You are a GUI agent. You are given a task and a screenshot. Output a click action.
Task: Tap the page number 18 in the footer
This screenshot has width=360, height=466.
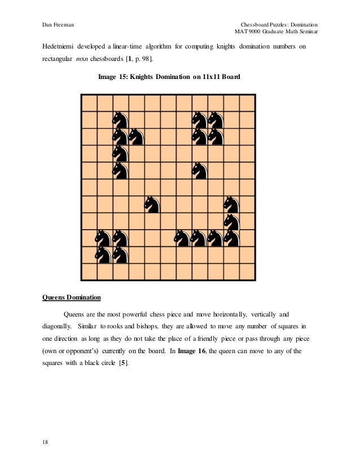(x=45, y=442)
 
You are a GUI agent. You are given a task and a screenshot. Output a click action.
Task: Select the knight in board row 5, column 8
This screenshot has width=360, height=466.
(x=199, y=170)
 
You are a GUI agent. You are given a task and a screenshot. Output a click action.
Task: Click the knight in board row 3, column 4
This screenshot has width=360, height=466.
(x=135, y=137)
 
